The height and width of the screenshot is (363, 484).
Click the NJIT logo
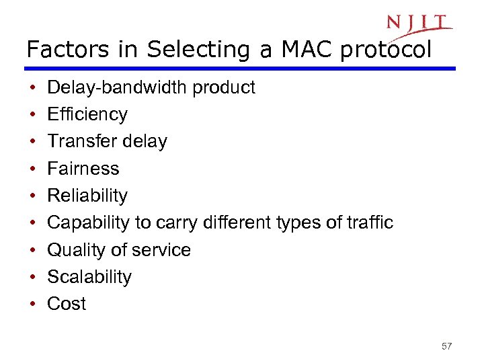click(419, 24)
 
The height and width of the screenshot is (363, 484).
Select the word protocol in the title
click(385, 50)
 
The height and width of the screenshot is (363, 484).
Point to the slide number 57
click(447, 346)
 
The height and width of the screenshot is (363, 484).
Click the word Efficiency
click(87, 114)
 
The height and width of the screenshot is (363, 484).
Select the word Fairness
click(83, 168)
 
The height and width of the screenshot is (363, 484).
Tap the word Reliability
click(87, 196)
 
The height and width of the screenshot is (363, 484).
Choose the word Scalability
click(89, 276)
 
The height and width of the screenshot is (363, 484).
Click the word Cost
click(67, 303)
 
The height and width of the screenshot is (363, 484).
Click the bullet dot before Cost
click(33, 304)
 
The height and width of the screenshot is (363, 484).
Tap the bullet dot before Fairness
click(33, 169)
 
